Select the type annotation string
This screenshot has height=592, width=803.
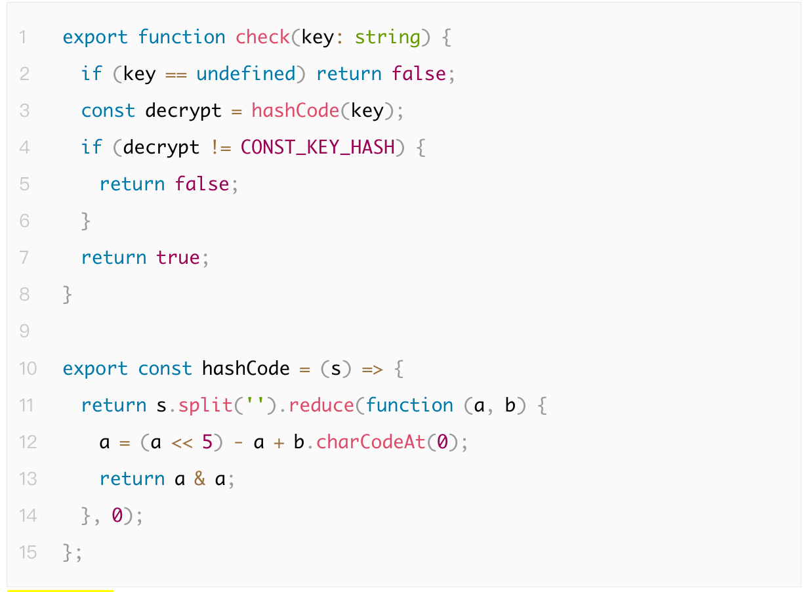[387, 37]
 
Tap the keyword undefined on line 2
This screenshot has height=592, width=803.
[246, 74]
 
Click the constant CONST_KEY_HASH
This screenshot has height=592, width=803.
[318, 147]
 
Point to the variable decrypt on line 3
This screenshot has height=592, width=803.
[183, 110]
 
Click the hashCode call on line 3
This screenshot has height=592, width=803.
[295, 110]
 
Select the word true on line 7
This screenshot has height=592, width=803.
[178, 257]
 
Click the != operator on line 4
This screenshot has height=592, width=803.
[220, 147]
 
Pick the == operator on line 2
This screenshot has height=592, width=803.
[176, 74]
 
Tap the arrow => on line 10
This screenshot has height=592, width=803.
[372, 368]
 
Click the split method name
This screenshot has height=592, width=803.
[205, 405]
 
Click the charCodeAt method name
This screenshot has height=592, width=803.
[371, 442]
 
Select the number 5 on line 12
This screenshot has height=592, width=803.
[207, 442]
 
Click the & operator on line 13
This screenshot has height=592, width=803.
[200, 478]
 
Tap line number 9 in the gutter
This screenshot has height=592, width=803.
[24, 331]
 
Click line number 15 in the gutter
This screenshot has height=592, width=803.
[28, 552]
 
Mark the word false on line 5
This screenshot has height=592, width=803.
[202, 184]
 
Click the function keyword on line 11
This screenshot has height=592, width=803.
[409, 405]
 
